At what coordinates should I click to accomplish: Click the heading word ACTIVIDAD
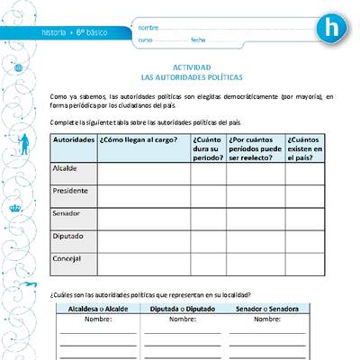point(191,67)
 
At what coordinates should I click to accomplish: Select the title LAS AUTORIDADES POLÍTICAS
point(191,77)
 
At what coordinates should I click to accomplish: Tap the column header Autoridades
point(74,141)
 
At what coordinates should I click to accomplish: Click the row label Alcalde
point(66,168)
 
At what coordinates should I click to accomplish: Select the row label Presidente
point(71,191)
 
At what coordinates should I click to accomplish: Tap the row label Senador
point(67,213)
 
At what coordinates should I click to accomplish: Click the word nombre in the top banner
point(148,27)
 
